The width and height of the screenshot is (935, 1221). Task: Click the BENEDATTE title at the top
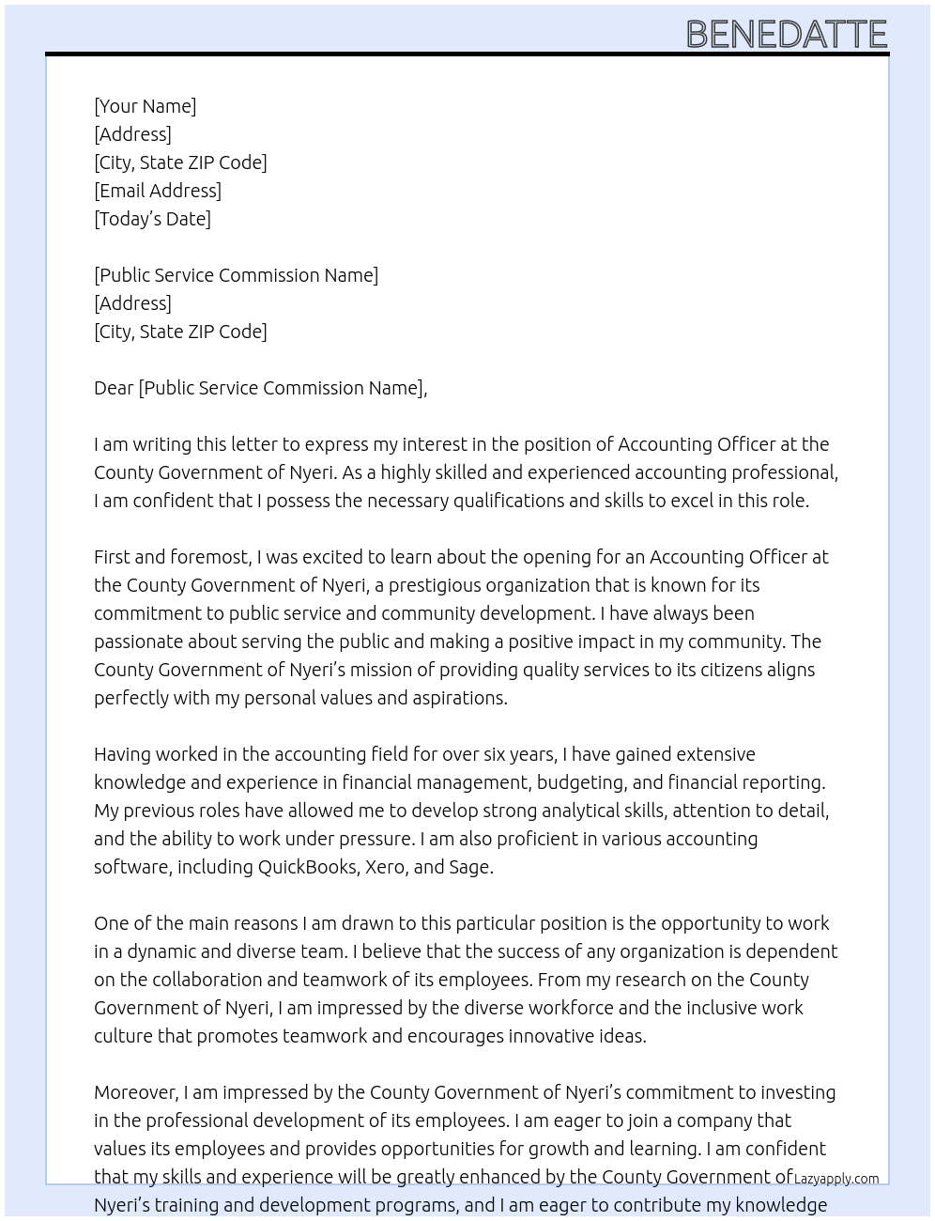click(x=787, y=34)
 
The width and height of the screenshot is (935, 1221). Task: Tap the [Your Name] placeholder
click(x=145, y=106)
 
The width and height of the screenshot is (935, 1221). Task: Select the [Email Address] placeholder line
click(x=158, y=191)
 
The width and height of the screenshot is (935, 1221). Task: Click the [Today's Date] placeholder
click(x=152, y=219)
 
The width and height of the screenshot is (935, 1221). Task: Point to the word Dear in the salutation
click(x=114, y=388)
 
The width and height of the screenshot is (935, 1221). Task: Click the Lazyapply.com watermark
click(x=836, y=1179)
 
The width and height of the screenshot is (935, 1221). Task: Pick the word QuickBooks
click(x=307, y=867)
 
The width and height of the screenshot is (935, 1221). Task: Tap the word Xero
click(x=385, y=867)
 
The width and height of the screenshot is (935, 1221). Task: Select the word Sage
click(x=469, y=867)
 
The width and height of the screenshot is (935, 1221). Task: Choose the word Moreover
click(x=135, y=1092)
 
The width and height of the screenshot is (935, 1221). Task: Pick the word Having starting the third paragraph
click(x=122, y=754)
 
